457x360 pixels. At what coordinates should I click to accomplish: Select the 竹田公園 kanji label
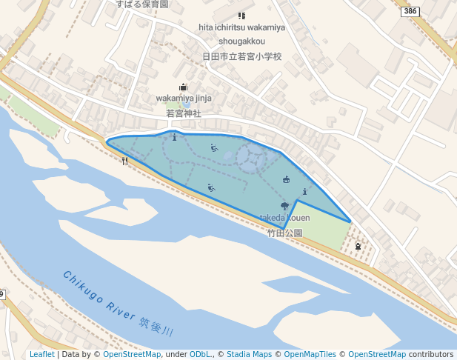click(285, 233)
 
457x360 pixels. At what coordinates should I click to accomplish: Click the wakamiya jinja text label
click(184, 99)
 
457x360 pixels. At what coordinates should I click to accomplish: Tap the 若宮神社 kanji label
click(184, 113)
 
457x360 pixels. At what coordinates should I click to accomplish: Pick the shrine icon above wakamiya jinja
click(184, 87)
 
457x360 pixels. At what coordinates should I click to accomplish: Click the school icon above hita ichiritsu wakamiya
click(241, 16)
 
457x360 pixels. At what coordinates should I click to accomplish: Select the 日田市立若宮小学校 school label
click(242, 56)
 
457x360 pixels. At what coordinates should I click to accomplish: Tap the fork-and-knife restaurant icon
click(124, 161)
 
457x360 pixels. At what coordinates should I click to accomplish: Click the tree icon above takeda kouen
click(284, 206)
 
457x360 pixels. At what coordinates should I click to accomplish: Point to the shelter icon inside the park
click(287, 179)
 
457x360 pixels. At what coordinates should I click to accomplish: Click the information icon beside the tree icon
click(305, 192)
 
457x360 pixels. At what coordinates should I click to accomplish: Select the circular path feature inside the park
click(252, 156)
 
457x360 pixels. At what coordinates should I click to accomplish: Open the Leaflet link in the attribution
click(42, 355)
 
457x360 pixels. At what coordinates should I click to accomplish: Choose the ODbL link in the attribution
click(201, 355)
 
